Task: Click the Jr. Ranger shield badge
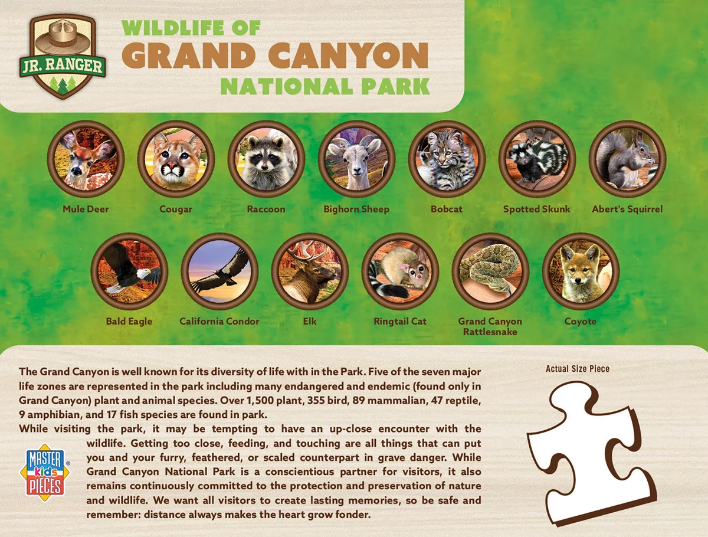[63, 57]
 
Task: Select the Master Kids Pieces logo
[45, 472]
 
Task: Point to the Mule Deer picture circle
[86, 159]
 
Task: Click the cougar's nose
[173, 166]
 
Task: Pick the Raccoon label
[266, 209]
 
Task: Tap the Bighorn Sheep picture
[356, 159]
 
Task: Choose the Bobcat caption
[447, 209]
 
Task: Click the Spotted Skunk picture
[537, 159]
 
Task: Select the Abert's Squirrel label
[627, 209]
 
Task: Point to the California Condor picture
[219, 271]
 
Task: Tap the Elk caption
[310, 321]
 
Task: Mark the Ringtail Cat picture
[400, 271]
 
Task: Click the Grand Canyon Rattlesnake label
[490, 326]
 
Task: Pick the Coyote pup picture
[581, 271]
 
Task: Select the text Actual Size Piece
[578, 369]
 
